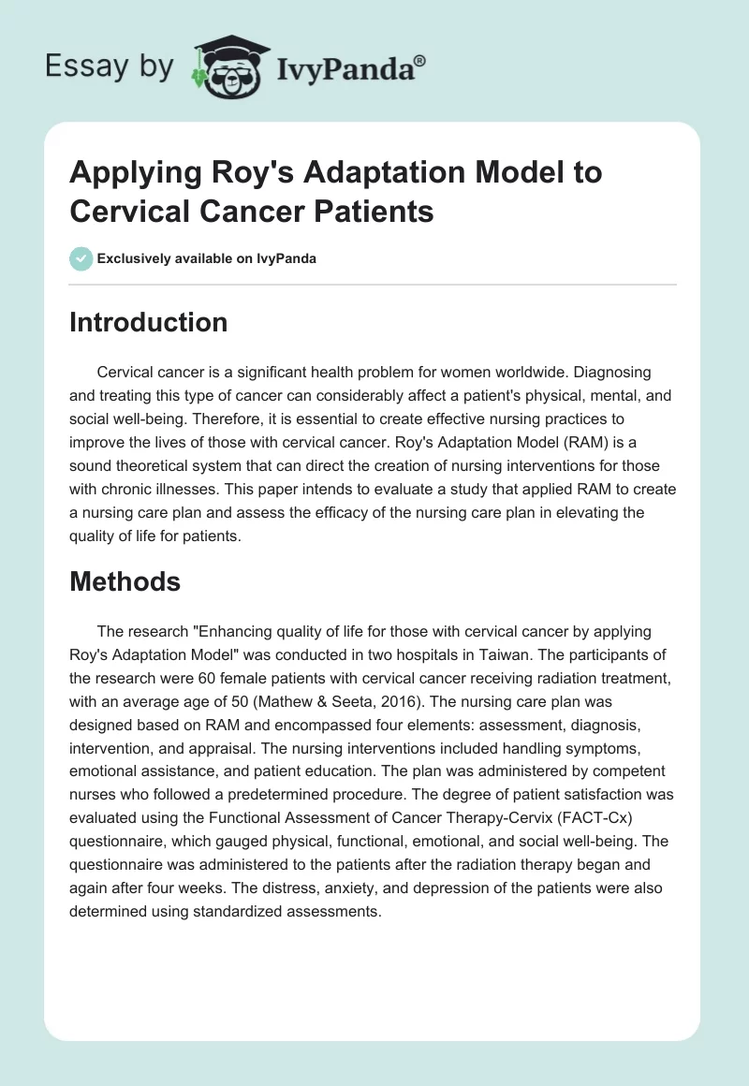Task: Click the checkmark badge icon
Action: (81, 258)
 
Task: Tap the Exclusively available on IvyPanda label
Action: (207, 258)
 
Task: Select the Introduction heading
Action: (149, 322)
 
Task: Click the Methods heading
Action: (125, 581)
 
